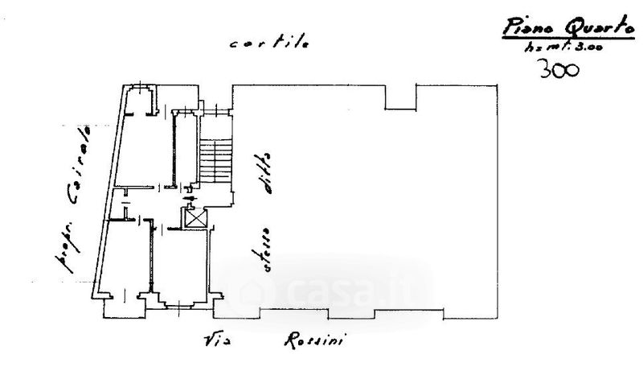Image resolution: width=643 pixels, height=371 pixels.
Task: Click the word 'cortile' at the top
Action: pyautogui.click(x=268, y=44)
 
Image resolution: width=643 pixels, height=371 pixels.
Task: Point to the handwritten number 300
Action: pyautogui.click(x=555, y=70)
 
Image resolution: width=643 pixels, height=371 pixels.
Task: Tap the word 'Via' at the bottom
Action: pyautogui.click(x=217, y=341)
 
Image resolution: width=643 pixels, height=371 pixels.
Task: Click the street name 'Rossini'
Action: pyautogui.click(x=314, y=341)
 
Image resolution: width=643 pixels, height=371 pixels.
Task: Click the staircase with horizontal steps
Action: pyautogui.click(x=215, y=157)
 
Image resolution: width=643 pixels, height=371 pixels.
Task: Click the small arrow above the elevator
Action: pyautogui.click(x=190, y=198)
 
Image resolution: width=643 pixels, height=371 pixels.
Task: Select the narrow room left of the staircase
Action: pyautogui.click(x=186, y=149)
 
